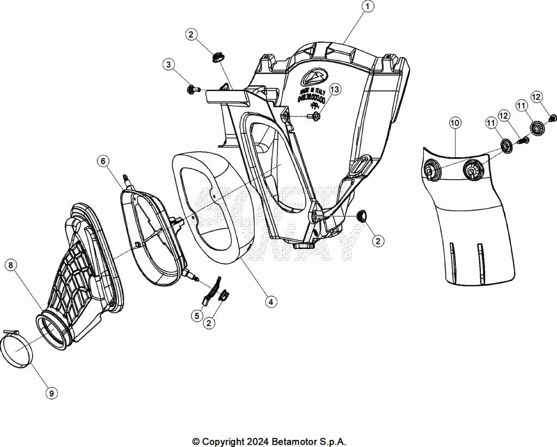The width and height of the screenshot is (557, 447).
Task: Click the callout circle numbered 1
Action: [369, 7]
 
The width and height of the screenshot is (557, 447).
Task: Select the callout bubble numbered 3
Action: [169, 65]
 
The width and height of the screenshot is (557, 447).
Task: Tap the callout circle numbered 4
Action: [270, 301]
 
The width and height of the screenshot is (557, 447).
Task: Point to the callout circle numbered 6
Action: [103, 161]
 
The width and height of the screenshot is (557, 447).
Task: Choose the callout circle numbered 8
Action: [10, 265]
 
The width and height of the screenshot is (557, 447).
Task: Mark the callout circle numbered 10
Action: [455, 123]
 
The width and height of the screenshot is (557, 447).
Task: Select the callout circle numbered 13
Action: [334, 89]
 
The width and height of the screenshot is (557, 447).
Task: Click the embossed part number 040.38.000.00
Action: [312, 100]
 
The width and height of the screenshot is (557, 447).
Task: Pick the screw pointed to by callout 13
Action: [314, 116]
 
